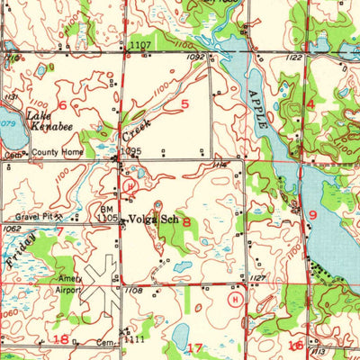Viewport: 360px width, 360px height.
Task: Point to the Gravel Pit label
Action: click(31, 218)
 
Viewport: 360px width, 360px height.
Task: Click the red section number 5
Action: click(184, 105)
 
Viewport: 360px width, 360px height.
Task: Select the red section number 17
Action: click(195, 346)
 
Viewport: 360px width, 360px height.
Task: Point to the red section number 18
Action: click(61, 339)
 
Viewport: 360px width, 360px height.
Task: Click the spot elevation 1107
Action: click(139, 44)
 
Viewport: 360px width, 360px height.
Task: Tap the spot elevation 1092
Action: click(193, 57)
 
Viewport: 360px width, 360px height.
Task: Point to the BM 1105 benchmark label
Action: click(107, 213)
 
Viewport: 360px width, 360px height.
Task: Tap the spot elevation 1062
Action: click(13, 229)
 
